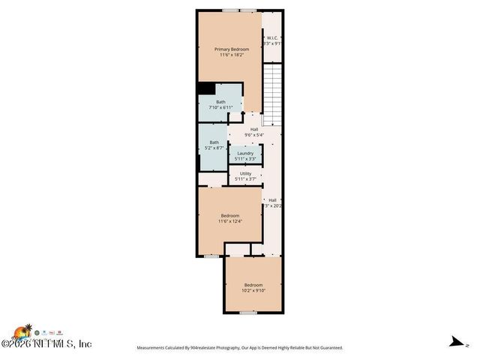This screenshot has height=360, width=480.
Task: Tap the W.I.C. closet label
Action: pos(271,37)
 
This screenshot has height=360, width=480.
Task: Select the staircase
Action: pos(273,94)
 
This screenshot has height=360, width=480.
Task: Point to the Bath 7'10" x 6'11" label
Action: pos(220,102)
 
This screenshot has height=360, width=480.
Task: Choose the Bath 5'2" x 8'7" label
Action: pos(214,142)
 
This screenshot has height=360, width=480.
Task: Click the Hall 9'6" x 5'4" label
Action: pos(254,130)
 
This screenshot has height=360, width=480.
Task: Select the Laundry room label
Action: pos(245,153)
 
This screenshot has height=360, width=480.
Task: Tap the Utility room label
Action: pos(245,173)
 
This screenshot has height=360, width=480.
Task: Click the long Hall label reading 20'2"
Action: pos(272,200)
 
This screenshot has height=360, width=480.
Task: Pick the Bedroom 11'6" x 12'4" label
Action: pos(229,215)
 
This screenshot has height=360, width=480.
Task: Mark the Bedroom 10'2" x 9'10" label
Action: pos(253,285)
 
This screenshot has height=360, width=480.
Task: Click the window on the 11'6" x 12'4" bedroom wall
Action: pos(212,256)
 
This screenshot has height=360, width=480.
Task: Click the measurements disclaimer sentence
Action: pos(239,348)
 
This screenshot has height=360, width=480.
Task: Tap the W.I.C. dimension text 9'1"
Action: pos(272,43)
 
